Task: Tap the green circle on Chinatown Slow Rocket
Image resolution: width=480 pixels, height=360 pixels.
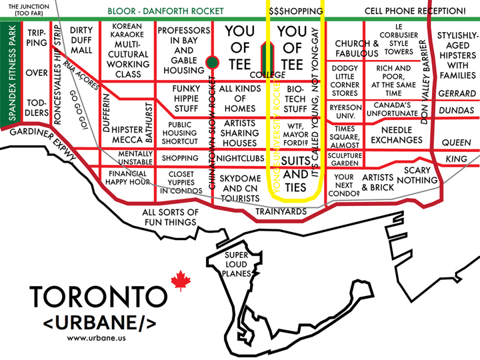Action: tap(212, 62)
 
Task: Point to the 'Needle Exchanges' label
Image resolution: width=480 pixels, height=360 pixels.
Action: tap(397, 134)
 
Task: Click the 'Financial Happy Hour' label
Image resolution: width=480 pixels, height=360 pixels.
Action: tap(127, 177)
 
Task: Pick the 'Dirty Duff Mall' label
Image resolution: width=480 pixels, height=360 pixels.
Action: tap(81, 40)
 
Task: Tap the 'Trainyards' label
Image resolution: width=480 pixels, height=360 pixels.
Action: tap(281, 212)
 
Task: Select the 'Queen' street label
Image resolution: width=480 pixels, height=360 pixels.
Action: tap(457, 142)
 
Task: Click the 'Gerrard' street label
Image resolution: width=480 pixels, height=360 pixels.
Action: tap(457, 94)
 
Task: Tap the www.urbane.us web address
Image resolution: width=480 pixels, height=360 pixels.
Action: tap(97, 337)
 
